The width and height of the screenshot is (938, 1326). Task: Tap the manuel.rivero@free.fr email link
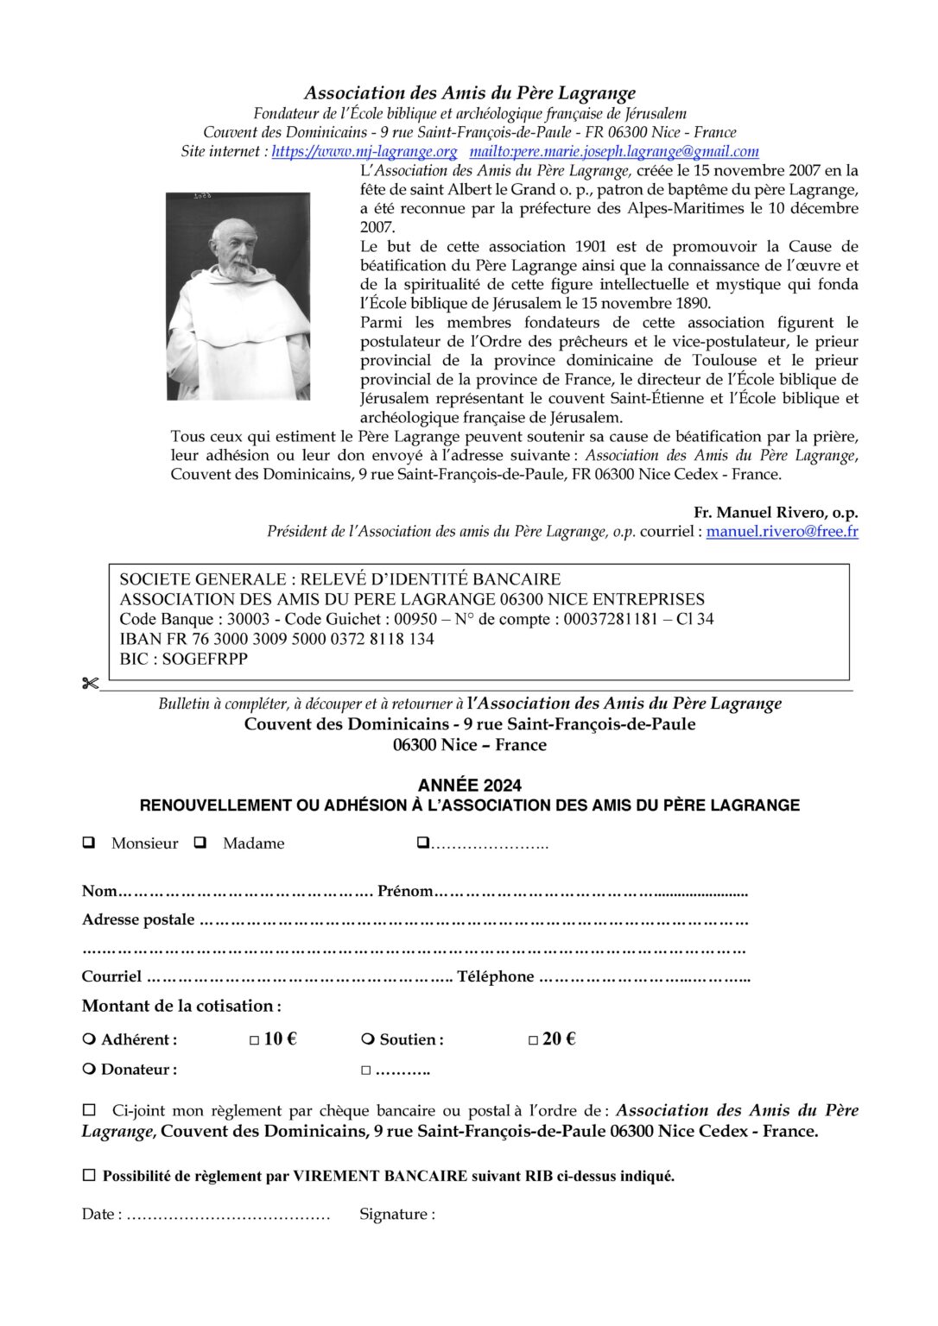tap(782, 532)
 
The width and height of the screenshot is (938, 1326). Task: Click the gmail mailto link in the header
tap(614, 152)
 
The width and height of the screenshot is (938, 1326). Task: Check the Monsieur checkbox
tap(88, 843)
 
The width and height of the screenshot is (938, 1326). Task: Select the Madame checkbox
tap(200, 843)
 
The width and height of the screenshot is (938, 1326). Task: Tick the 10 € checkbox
tap(255, 1040)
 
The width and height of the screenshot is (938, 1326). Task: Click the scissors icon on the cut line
tap(89, 684)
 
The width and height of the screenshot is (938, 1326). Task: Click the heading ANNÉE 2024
tap(469, 785)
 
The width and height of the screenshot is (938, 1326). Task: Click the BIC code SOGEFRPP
tap(205, 659)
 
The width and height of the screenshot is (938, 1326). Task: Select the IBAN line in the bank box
tap(276, 639)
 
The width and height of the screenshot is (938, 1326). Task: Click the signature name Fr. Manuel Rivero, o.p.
tap(776, 513)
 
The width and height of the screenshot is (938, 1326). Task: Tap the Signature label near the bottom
tap(397, 1214)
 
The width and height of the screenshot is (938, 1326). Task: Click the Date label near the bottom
tap(101, 1214)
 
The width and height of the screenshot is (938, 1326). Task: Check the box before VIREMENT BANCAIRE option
tap(89, 1175)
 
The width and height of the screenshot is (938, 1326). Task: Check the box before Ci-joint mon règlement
tap(89, 1109)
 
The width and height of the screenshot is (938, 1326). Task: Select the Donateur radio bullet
tap(88, 1069)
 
